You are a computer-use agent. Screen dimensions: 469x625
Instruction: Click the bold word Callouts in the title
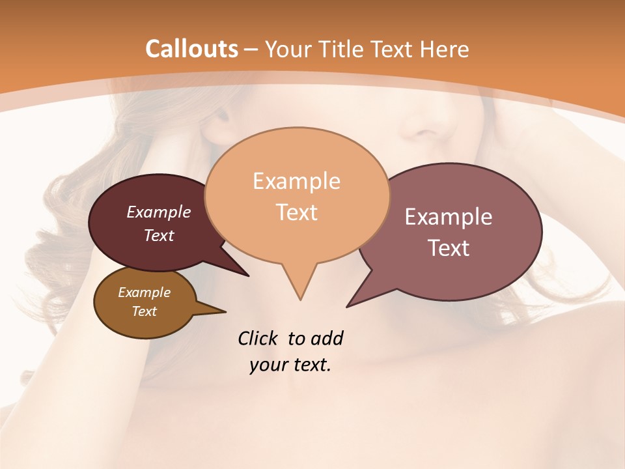point(191,49)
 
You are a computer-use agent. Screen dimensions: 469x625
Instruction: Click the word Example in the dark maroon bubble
point(159,212)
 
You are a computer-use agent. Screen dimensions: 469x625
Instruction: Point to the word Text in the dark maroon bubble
point(159,235)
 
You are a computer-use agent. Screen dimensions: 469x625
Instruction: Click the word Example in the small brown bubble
point(144,292)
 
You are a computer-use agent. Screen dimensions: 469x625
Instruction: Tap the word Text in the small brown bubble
point(144,311)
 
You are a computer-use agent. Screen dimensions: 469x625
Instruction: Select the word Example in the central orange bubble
point(296,181)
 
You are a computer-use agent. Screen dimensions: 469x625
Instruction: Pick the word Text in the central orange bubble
point(296,212)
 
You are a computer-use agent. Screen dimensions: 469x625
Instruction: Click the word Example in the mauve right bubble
point(449,217)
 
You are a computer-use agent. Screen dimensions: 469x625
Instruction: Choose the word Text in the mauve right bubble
point(449,248)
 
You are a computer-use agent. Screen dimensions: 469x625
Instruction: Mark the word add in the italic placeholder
point(326,339)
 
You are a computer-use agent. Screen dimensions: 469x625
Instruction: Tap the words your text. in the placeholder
point(290,365)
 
